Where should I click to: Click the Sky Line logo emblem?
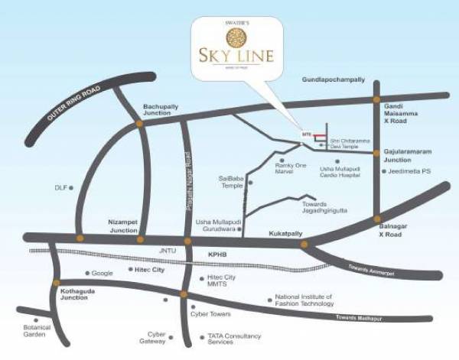(235, 36)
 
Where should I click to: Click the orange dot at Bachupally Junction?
(139, 122)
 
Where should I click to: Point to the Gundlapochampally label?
(334, 79)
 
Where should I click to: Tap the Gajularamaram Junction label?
(408, 156)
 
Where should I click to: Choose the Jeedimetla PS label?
(411, 171)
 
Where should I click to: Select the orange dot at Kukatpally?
(304, 244)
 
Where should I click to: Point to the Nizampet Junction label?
(122, 225)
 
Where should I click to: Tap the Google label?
(102, 273)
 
